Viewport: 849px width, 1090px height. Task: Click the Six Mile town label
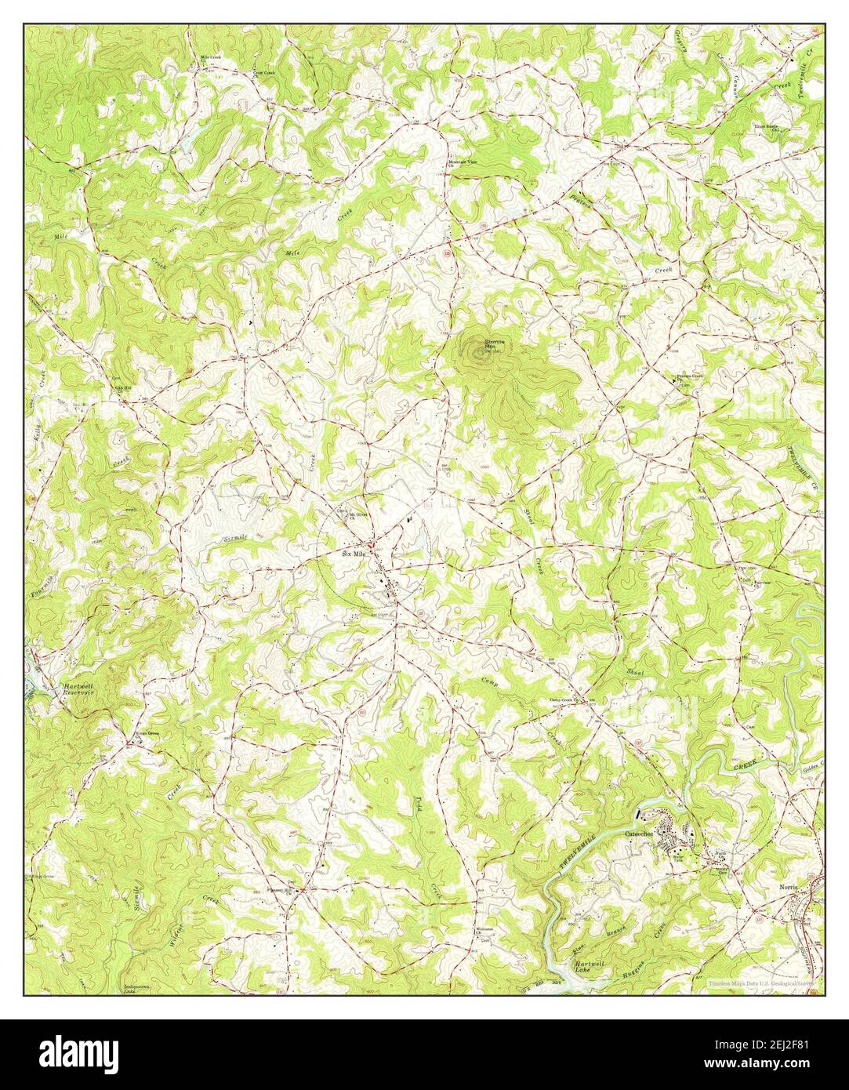click(354, 553)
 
